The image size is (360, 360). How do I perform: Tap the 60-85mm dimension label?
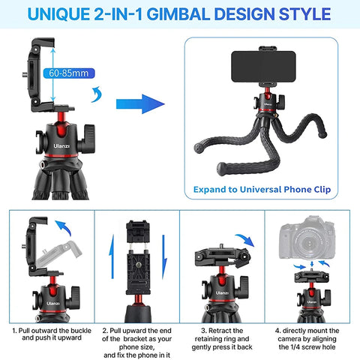[x=68, y=73]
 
